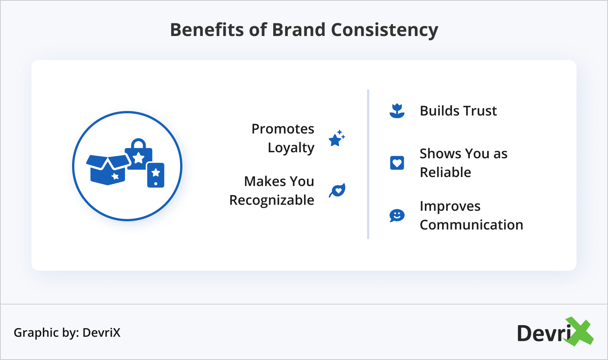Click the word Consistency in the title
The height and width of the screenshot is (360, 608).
pos(385,30)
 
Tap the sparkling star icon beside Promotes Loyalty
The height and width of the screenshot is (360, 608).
pos(337,138)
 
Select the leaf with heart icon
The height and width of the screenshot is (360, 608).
pos(337,190)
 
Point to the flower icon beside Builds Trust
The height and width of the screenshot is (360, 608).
pos(397,111)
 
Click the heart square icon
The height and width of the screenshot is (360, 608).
pos(397,163)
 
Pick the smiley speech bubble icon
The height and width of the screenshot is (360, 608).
pos(397,215)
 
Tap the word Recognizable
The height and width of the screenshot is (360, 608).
pos(272,200)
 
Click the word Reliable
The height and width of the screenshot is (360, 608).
pos(445,172)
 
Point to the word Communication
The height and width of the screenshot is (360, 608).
pos(471,225)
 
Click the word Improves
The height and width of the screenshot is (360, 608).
pos(450,207)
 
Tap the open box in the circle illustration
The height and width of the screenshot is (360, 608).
pos(108,170)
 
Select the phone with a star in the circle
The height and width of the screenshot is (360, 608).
pos(155,175)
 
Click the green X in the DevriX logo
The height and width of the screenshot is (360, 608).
pos(579,331)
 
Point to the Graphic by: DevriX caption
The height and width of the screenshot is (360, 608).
pos(67,333)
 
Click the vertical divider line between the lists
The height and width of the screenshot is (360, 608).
pos(368,164)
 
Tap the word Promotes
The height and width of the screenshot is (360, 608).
pos(283,129)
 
